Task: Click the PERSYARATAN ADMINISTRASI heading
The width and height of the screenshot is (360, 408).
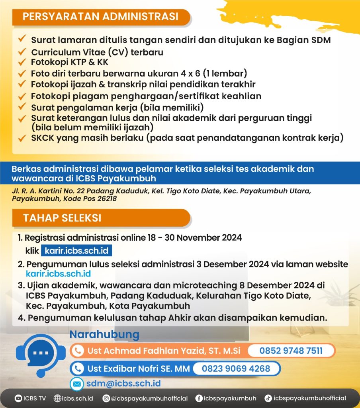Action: (100, 17)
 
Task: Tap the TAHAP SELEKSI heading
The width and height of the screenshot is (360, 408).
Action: (62, 218)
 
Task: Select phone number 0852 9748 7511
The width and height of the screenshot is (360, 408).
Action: (291, 351)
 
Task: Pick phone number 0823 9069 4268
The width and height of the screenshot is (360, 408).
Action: (236, 369)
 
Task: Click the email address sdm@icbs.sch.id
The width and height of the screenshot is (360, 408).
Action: (124, 383)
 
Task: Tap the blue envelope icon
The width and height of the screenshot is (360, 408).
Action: (76, 384)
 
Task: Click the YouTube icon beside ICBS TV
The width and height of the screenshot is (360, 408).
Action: (18, 398)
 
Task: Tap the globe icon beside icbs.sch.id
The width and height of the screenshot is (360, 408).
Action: (57, 398)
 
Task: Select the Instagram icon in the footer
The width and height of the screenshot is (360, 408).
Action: (106, 398)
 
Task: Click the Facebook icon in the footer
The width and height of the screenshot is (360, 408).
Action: (199, 398)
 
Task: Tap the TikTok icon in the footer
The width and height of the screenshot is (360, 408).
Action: (268, 398)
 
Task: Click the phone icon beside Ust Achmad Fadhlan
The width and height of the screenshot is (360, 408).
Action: (78, 351)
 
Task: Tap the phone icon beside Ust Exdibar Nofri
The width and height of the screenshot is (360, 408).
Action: (78, 369)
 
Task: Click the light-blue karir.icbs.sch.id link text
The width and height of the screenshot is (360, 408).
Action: (58, 274)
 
